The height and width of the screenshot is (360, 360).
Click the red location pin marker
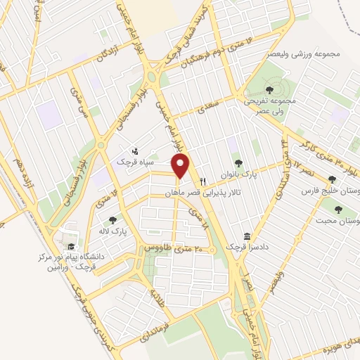tap(181, 166)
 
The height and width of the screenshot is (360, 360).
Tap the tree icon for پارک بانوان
tap(237, 162)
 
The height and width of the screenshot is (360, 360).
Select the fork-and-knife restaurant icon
tap(202, 179)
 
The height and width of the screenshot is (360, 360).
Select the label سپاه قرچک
tap(129, 162)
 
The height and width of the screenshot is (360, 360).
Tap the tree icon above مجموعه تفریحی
tap(269, 89)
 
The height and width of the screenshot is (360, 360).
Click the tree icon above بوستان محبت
tap(338, 209)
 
